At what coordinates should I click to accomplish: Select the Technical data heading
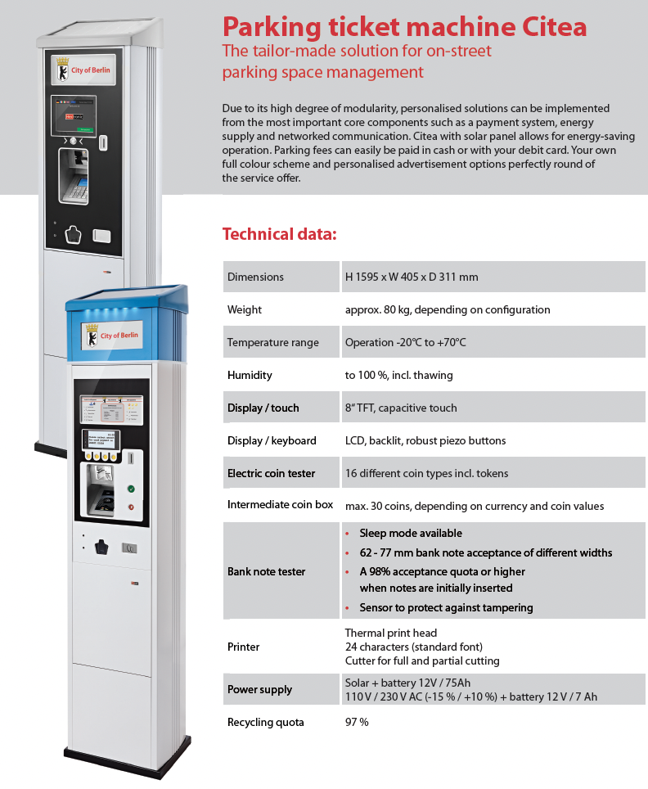279,234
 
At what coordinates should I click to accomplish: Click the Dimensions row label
255,277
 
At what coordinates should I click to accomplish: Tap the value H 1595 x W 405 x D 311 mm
412,277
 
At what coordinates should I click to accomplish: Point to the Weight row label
245,309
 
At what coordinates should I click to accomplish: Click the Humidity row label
250,375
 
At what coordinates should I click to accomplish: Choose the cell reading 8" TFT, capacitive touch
401,408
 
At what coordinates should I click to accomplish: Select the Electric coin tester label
271,473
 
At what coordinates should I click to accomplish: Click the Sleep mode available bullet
410,534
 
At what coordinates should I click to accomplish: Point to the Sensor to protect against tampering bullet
446,607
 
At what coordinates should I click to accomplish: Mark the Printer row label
243,647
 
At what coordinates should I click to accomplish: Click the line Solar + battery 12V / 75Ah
407,683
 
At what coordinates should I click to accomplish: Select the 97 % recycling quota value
357,722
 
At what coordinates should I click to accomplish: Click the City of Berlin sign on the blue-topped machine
112,336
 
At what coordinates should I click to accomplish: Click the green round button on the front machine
129,489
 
